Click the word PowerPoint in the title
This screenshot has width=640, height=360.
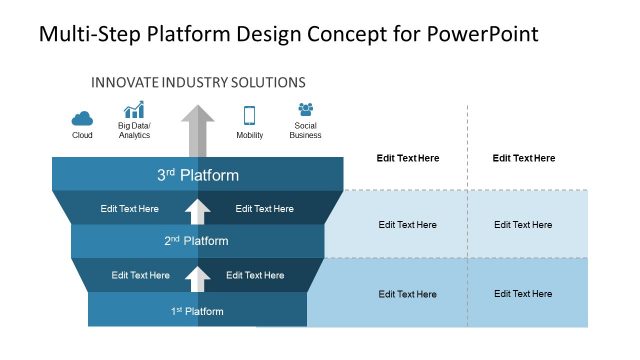[x=483, y=34]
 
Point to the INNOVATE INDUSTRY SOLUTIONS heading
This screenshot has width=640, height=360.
[x=198, y=82]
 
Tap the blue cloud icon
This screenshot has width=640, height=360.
[x=82, y=115]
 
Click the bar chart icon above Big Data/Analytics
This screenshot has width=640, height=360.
[x=134, y=111]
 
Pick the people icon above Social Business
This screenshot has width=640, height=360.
[x=305, y=110]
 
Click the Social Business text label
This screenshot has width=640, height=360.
[x=305, y=130]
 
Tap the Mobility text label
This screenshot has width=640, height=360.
[x=249, y=135]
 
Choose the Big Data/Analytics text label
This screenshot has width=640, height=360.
[x=134, y=130]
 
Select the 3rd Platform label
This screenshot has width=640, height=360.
[x=198, y=175]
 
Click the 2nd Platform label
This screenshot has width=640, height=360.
[x=196, y=241]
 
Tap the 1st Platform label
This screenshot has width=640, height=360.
[x=197, y=311]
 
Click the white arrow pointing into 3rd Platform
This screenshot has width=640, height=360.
[x=198, y=210]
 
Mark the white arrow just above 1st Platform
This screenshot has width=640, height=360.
[x=198, y=277]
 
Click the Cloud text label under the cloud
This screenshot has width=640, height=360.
[x=82, y=135]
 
